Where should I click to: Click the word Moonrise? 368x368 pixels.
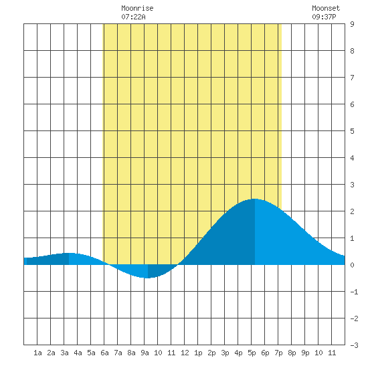(137, 8)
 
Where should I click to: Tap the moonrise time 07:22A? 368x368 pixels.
(133, 17)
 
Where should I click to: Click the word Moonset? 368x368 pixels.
(326, 8)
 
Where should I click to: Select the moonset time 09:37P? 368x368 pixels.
(324, 17)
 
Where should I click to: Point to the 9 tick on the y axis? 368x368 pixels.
(352, 24)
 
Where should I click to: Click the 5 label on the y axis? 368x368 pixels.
(352, 131)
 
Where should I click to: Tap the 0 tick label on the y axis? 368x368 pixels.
(352, 265)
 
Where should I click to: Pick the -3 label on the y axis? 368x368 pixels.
(354, 345)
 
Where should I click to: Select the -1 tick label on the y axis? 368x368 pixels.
(354, 292)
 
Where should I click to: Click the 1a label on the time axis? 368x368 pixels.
(37, 353)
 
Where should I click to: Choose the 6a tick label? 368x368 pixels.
(104, 353)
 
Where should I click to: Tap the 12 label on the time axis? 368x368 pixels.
(185, 353)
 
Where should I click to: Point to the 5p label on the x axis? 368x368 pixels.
(252, 353)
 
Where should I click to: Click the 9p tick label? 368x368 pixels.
(305, 353)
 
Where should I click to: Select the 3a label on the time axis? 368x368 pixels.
(64, 353)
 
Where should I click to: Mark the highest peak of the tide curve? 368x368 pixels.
(255, 199)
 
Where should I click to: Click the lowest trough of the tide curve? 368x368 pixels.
(147, 278)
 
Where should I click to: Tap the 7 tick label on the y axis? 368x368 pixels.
(352, 78)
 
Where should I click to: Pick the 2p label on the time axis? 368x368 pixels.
(211, 353)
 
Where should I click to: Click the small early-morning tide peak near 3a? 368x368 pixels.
(68, 253)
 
